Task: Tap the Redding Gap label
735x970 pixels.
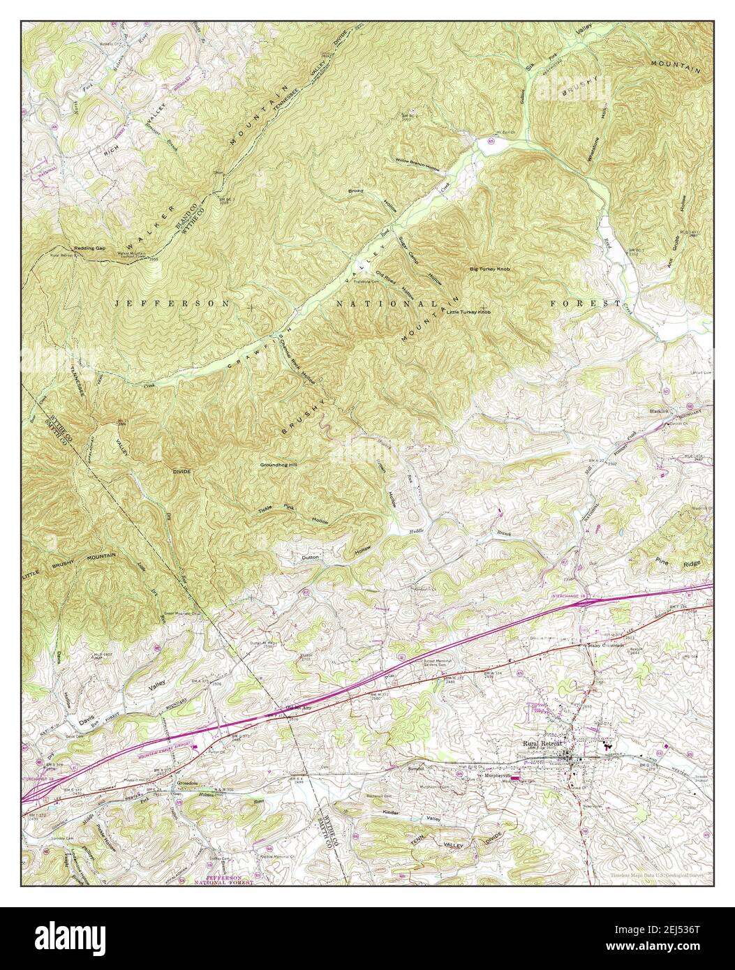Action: click(x=90, y=248)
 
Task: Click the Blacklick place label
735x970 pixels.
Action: click(x=660, y=411)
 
